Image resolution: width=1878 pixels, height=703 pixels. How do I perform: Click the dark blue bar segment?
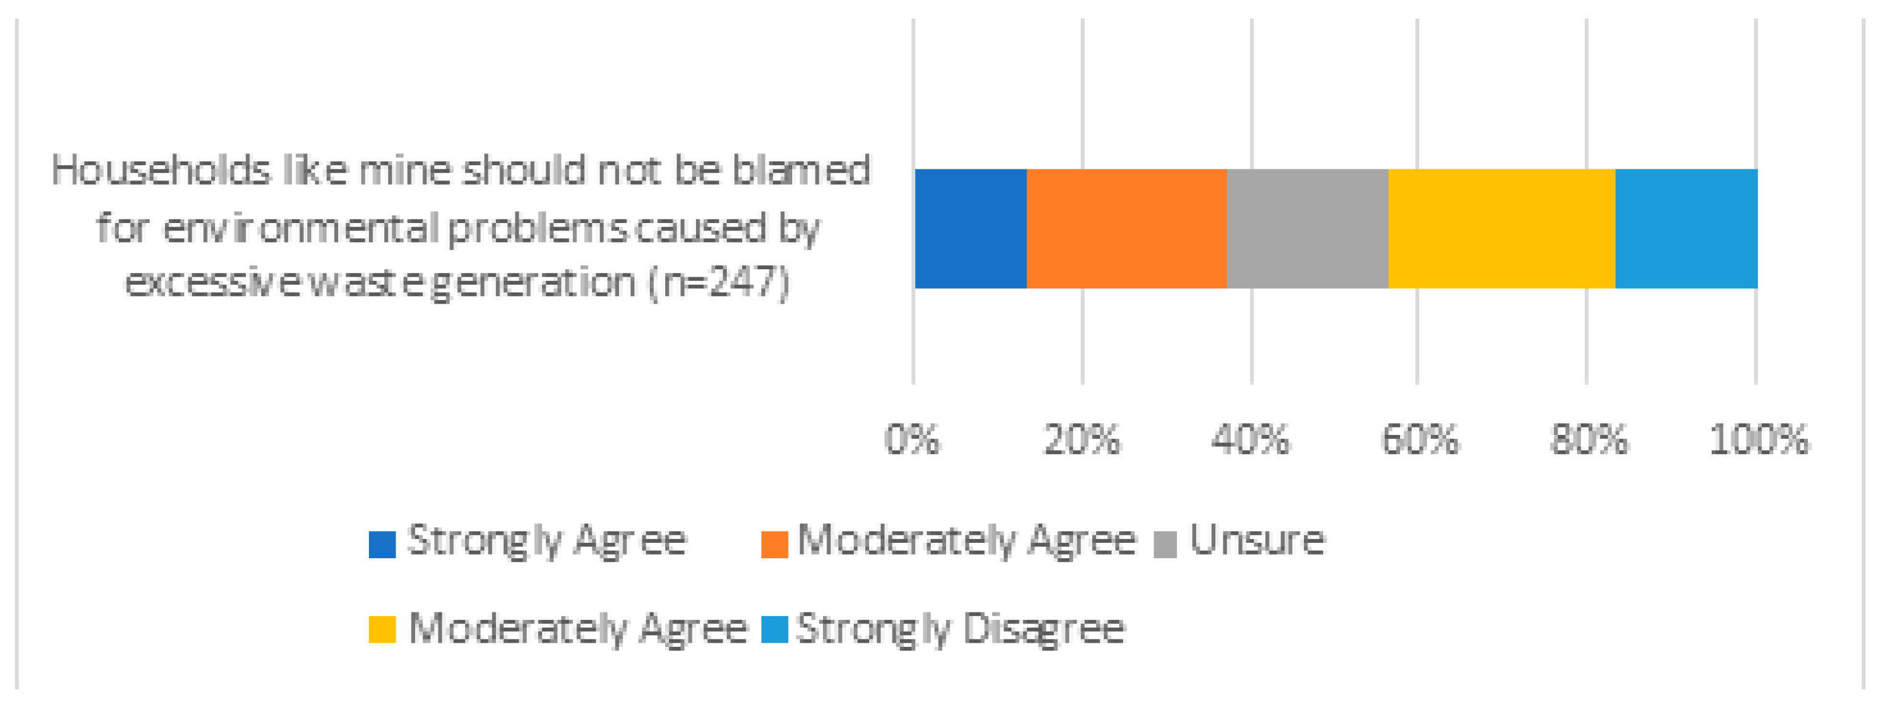click(970, 228)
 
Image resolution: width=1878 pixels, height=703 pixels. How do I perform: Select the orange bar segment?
click(1127, 228)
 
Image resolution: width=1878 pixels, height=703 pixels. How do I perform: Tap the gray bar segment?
click(1307, 228)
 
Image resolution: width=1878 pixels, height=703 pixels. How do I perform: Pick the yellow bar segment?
click(1501, 228)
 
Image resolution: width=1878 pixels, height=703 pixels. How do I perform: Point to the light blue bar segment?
click(1686, 228)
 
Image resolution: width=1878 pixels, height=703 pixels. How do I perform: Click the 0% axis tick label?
click(912, 440)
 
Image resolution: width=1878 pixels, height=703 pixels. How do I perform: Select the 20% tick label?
click(1081, 440)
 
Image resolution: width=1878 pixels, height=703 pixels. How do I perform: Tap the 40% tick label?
click(1250, 440)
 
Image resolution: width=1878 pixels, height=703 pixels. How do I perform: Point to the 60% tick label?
click(1420, 440)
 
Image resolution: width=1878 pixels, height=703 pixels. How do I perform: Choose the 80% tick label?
click(1589, 440)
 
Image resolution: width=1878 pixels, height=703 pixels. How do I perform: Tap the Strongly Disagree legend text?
click(960, 629)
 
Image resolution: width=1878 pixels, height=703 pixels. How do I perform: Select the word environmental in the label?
click(301, 228)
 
